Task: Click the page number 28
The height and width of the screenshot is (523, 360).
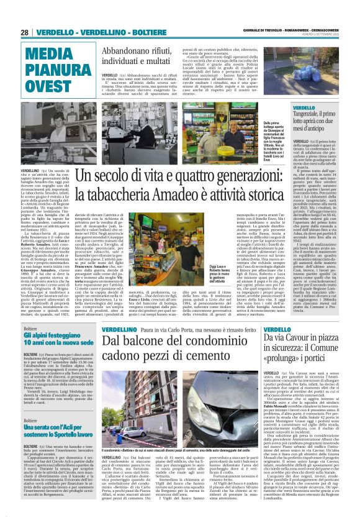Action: [25, 32]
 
